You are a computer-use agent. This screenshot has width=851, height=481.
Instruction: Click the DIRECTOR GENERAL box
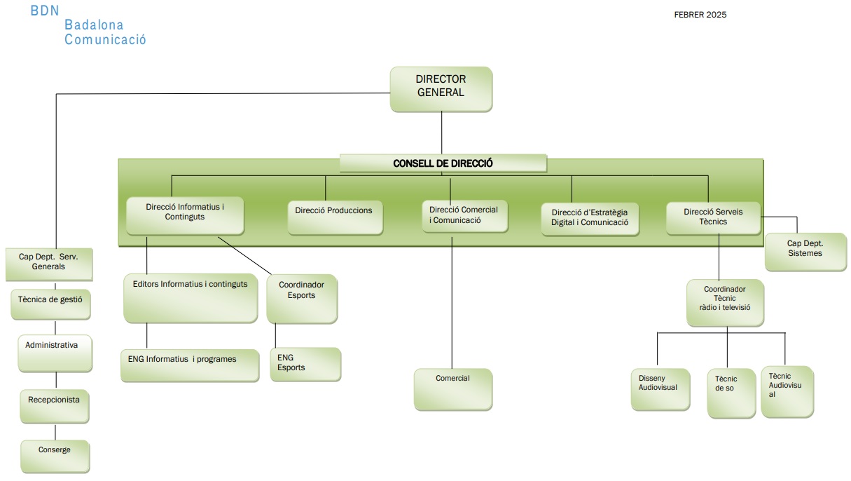pyautogui.click(x=441, y=88)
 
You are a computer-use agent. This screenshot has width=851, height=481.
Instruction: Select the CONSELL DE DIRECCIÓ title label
pyautogui.click(x=443, y=163)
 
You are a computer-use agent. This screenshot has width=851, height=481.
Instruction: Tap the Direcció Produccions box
pyautogui.click(x=335, y=217)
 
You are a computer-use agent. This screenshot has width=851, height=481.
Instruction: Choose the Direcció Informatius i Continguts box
pyautogui.click(x=185, y=215)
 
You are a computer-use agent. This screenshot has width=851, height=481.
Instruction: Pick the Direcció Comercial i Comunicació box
pyautogui.click(x=464, y=217)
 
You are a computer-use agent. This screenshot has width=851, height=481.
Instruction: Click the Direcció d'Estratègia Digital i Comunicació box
pyautogui.click(x=589, y=219)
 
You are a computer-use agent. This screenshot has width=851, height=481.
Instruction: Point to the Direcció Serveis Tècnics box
pyautogui.click(x=712, y=217)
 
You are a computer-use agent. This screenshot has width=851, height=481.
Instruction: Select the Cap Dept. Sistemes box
pyautogui.click(x=805, y=251)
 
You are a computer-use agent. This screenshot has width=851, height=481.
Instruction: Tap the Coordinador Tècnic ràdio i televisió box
pyautogui.click(x=724, y=302)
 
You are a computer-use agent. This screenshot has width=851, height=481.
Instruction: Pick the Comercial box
pyautogui.click(x=453, y=388)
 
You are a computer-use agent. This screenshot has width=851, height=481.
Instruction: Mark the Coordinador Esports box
pyautogui.click(x=302, y=298)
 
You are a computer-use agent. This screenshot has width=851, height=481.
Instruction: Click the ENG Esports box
pyautogui.click(x=305, y=364)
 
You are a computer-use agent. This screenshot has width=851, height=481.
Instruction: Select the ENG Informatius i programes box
pyautogui.click(x=189, y=365)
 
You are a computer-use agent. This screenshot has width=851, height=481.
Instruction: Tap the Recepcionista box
pyautogui.click(x=54, y=406)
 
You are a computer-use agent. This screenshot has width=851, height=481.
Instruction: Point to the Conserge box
pyautogui.click(x=55, y=456)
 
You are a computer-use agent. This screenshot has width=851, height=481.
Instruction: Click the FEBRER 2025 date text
pyautogui.click(x=700, y=15)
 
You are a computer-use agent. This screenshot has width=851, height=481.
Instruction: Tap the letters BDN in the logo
pyautogui.click(x=46, y=11)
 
